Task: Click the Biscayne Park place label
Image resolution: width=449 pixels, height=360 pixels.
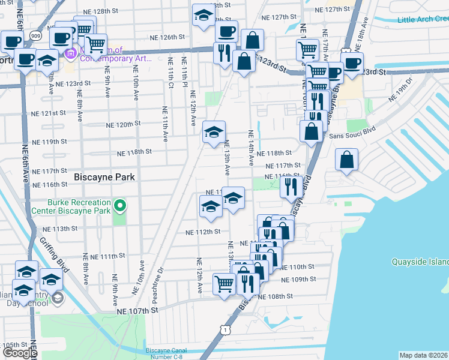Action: [104, 177]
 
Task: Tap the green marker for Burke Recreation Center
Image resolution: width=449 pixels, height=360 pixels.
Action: [120, 207]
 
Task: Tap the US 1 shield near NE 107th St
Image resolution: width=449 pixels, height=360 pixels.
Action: [224, 329]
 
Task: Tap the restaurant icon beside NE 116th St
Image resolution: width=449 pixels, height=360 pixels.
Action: [290, 187]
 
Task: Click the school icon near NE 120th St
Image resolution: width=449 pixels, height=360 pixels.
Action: [213, 132]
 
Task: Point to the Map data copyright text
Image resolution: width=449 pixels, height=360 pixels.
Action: [423, 355]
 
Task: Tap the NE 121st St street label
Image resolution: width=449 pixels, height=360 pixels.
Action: [48, 113]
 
